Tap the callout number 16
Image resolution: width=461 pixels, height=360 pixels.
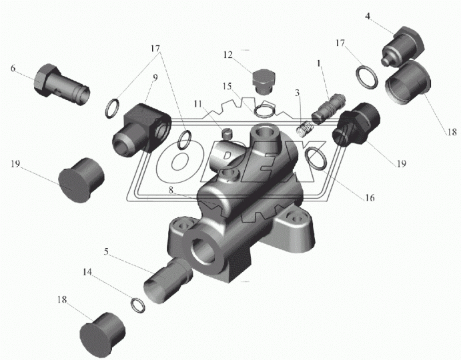(x=369, y=198)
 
